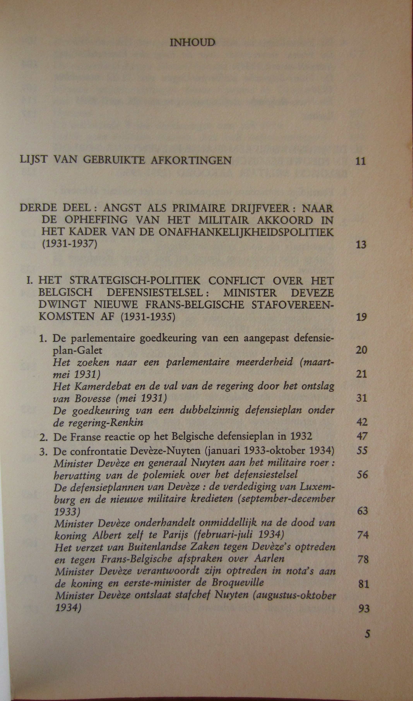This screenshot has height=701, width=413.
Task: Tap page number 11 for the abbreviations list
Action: click(x=361, y=161)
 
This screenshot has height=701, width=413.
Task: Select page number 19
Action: click(x=361, y=317)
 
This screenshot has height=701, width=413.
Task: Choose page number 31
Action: click(x=362, y=398)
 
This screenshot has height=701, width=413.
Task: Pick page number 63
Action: click(x=362, y=511)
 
